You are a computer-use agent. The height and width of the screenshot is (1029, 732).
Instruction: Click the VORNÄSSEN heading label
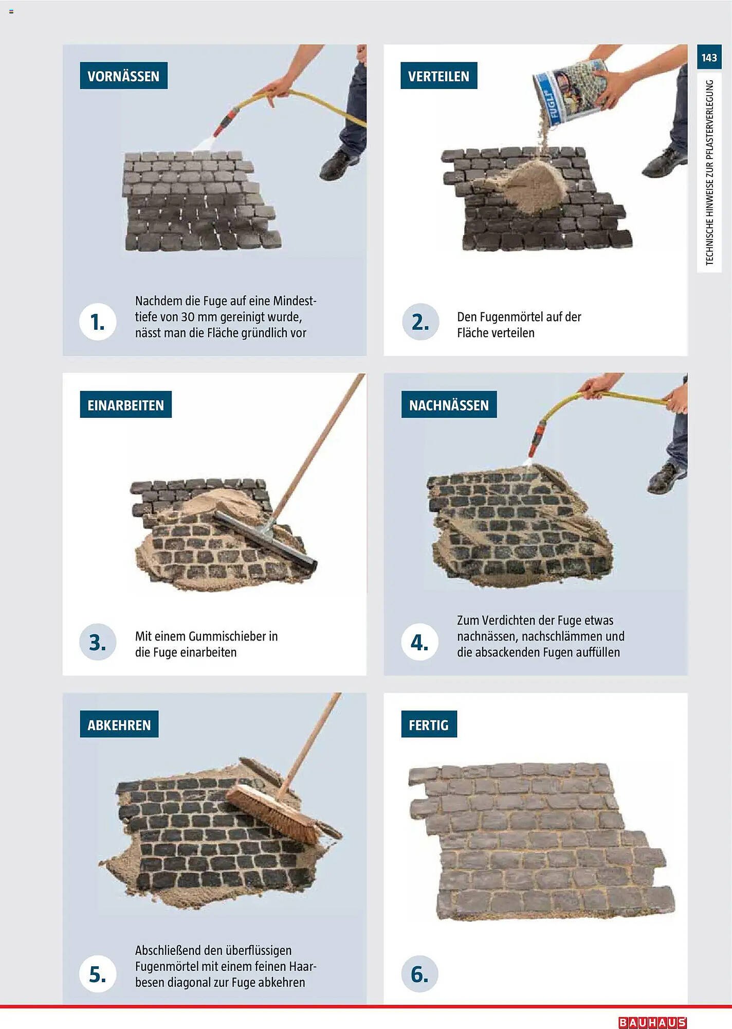click(123, 76)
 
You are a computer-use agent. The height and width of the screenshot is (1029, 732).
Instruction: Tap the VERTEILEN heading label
click(438, 76)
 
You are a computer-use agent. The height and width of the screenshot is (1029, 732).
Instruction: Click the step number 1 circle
click(98, 322)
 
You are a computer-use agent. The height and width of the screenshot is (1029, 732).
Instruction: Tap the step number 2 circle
click(420, 322)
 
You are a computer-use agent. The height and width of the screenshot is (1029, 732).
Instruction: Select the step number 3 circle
click(98, 642)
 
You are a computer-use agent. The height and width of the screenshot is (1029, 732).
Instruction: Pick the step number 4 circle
click(420, 642)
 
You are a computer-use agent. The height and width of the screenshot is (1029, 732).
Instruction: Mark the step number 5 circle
click(98, 974)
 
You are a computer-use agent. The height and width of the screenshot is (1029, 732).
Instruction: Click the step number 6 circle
click(420, 974)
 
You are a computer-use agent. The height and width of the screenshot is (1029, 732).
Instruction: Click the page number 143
click(709, 57)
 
